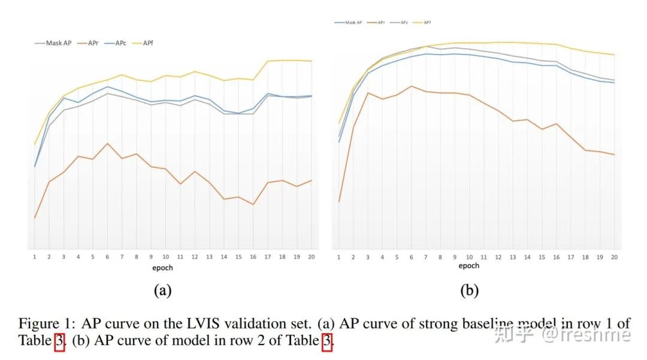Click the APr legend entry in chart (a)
tap(90, 43)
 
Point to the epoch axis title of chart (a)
tap(162, 268)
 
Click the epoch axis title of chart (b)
tap(469, 265)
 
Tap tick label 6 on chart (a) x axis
tap(107, 257)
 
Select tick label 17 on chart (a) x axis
tap(268, 257)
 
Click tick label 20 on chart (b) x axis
tap(615, 256)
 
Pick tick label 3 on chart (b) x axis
tap(368, 256)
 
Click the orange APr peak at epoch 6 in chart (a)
tap(107, 143)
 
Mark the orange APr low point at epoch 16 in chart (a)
tap(253, 205)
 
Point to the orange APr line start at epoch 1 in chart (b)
tap(339, 202)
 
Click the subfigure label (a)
tap(162, 291)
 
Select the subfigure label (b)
tap(469, 291)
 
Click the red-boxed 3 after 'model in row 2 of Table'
tap(327, 342)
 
